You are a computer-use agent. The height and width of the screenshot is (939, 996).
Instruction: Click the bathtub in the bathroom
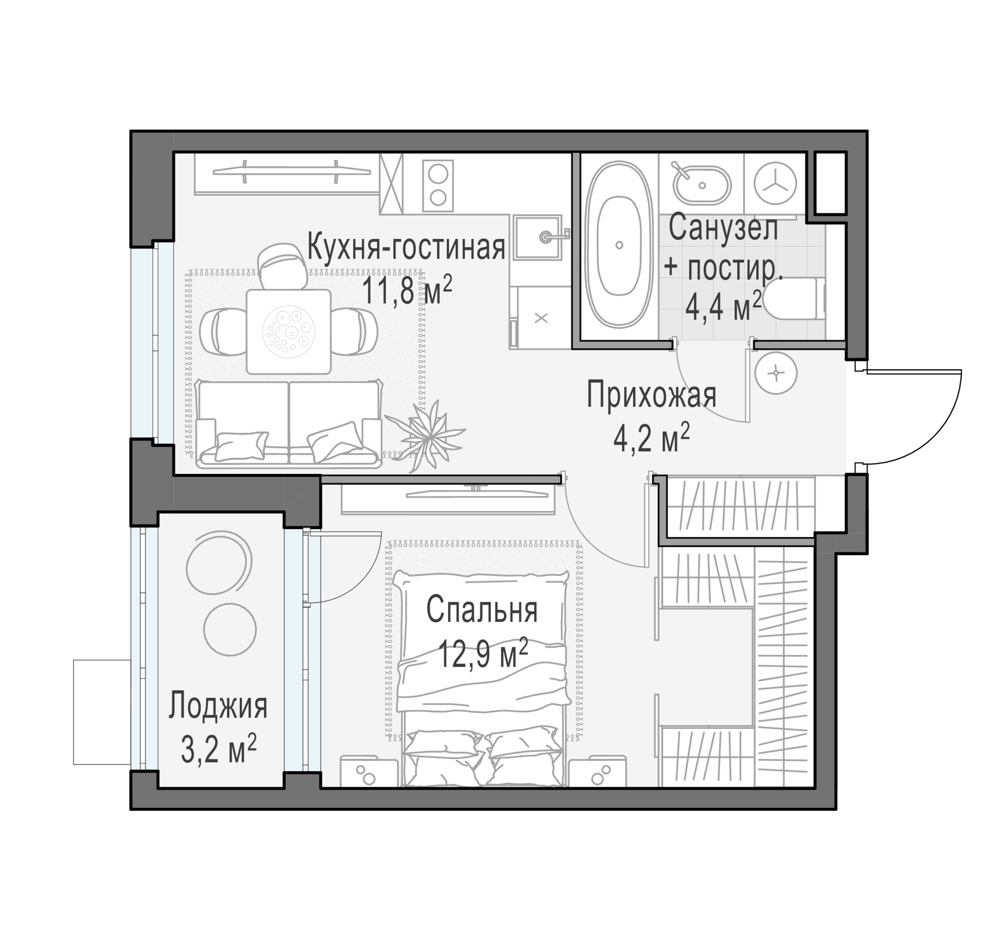click(x=620, y=245)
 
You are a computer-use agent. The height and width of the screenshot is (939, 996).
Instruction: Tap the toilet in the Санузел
click(x=797, y=299)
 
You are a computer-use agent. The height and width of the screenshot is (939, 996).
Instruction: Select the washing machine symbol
click(x=776, y=184)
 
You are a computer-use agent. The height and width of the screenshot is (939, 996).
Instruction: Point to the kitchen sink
click(x=536, y=237)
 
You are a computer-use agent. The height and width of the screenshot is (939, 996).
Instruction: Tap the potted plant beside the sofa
click(x=426, y=434)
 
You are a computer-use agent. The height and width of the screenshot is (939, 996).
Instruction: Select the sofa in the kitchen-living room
click(x=289, y=424)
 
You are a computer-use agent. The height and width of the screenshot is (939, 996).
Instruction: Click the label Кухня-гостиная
click(x=406, y=247)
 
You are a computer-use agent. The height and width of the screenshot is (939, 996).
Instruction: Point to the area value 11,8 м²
click(x=407, y=291)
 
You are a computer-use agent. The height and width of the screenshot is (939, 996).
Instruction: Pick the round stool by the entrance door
click(x=776, y=373)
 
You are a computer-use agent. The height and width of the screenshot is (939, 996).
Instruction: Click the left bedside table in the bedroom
click(x=369, y=771)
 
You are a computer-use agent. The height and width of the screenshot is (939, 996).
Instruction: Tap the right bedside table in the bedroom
click(x=597, y=771)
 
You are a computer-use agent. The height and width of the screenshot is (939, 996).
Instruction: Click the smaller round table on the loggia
click(x=230, y=629)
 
